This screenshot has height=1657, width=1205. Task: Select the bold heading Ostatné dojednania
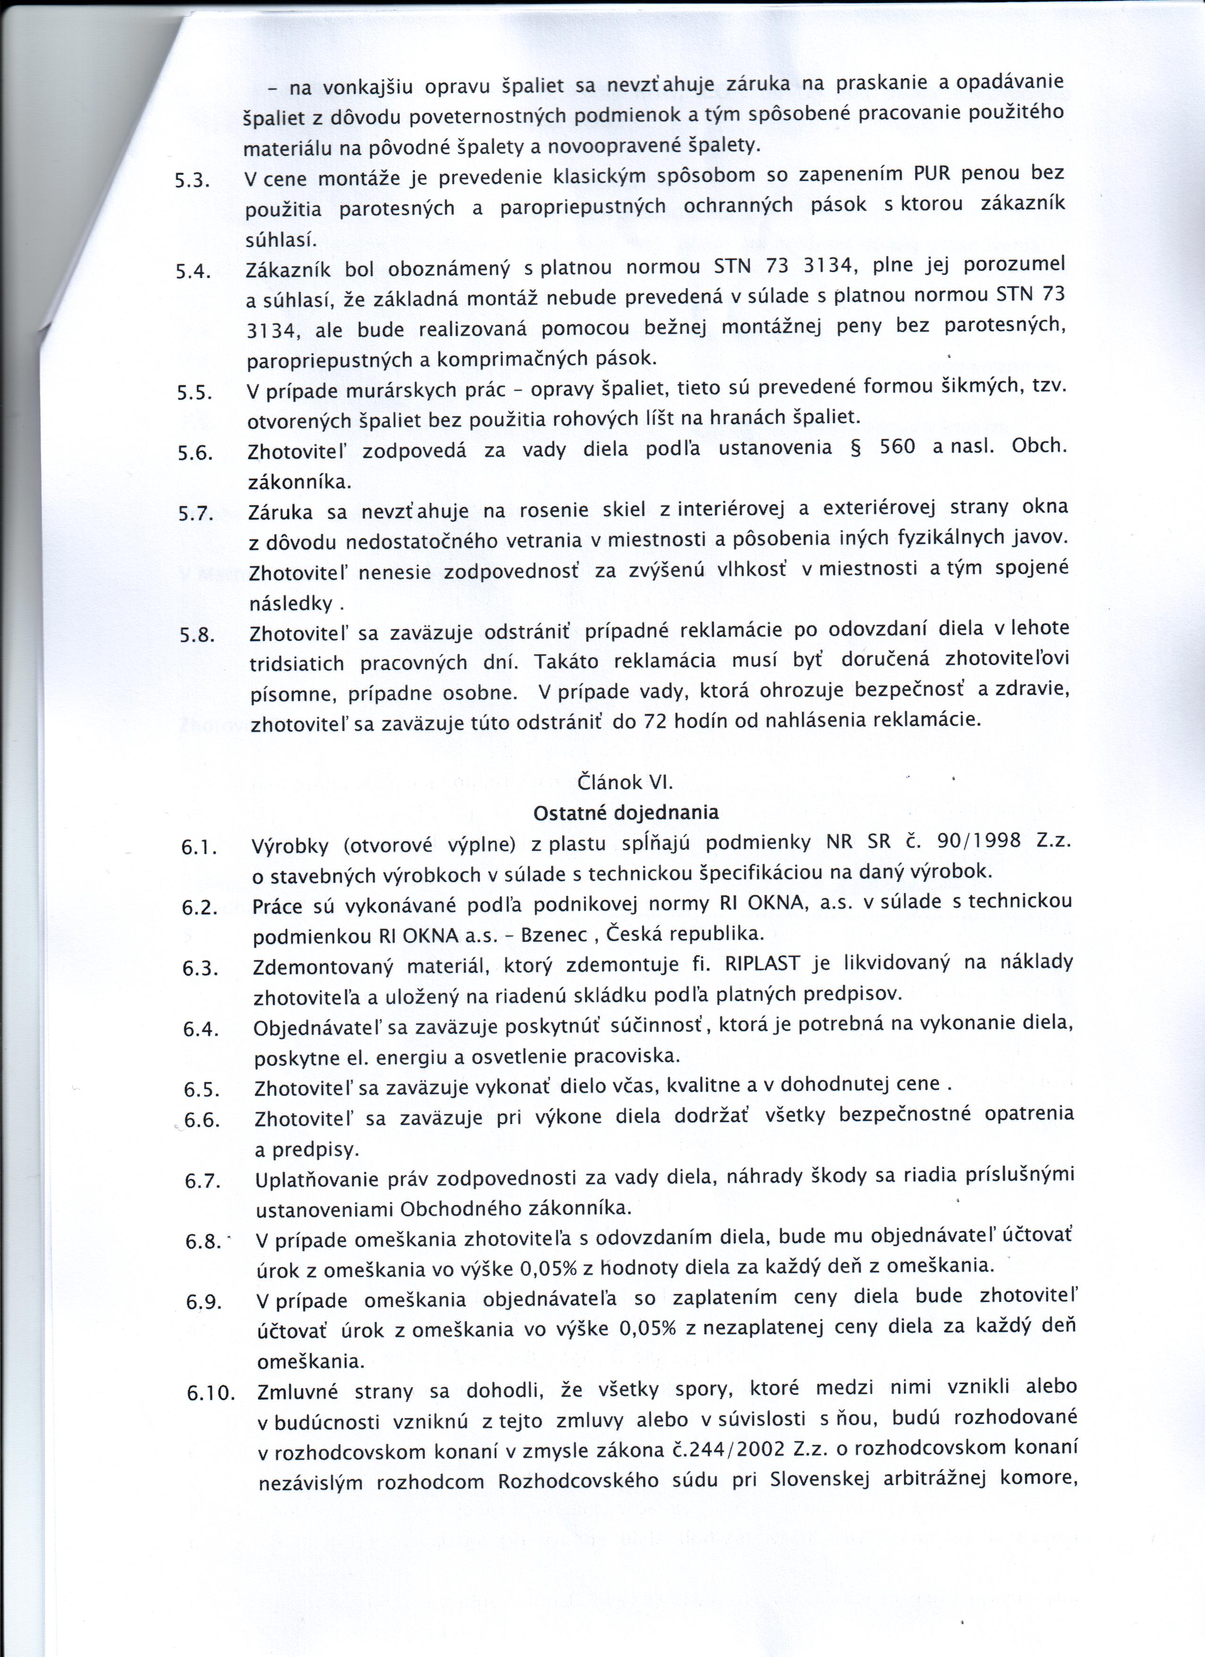tap(626, 812)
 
